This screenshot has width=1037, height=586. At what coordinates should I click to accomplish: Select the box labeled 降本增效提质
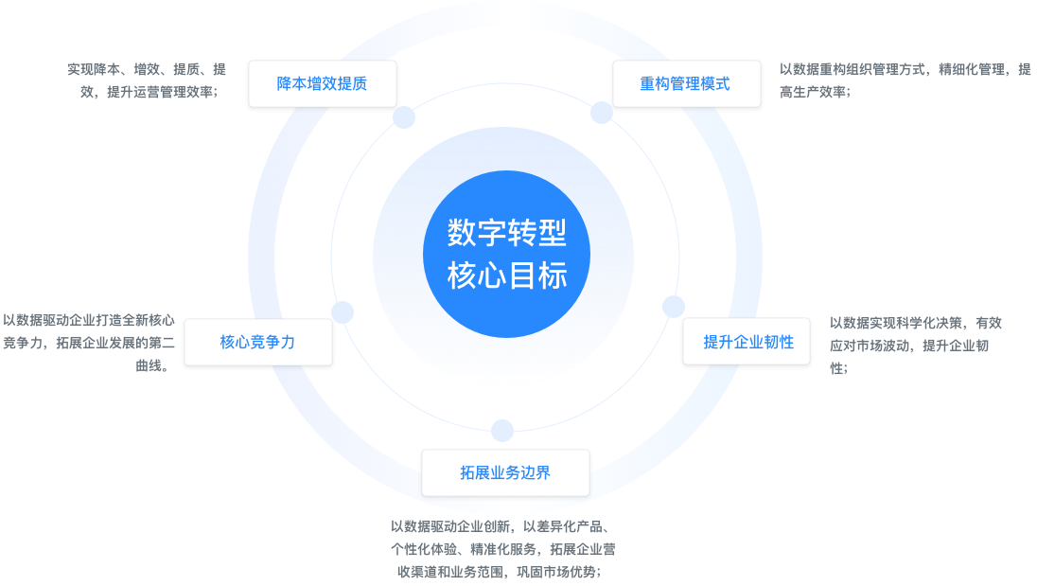point(322,84)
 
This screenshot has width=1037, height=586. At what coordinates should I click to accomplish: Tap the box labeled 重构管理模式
point(685,84)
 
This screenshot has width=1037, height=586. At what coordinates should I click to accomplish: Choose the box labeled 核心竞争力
point(257,343)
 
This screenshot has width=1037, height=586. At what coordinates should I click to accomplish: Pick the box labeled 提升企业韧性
point(747,343)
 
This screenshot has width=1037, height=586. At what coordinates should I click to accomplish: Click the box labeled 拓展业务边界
point(505,472)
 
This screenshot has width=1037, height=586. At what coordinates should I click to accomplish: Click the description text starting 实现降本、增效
point(146,80)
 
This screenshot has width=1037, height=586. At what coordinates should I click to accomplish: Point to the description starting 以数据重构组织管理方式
point(905,80)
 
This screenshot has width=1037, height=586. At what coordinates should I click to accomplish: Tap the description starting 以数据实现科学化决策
point(914,345)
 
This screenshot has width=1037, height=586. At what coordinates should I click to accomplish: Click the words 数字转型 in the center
point(506,232)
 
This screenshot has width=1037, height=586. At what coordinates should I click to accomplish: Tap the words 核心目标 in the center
point(506,276)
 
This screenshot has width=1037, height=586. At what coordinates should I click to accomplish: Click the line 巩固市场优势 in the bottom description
point(557,573)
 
